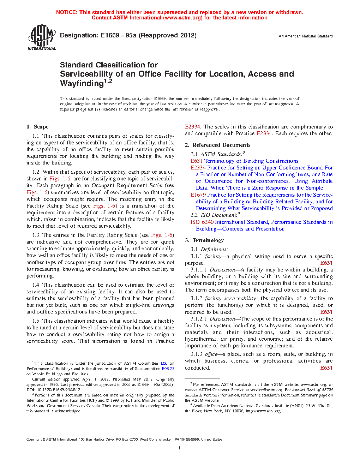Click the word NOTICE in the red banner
67,12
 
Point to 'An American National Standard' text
305,36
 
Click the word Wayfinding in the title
82,84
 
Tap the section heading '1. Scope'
37,127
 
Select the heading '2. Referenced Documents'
217,145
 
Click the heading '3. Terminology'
204,240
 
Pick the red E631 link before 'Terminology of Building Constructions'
197,161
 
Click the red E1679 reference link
198,195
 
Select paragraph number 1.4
36,285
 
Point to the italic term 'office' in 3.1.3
211,354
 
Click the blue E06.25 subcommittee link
168,369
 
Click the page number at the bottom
180,448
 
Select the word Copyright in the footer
34,440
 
